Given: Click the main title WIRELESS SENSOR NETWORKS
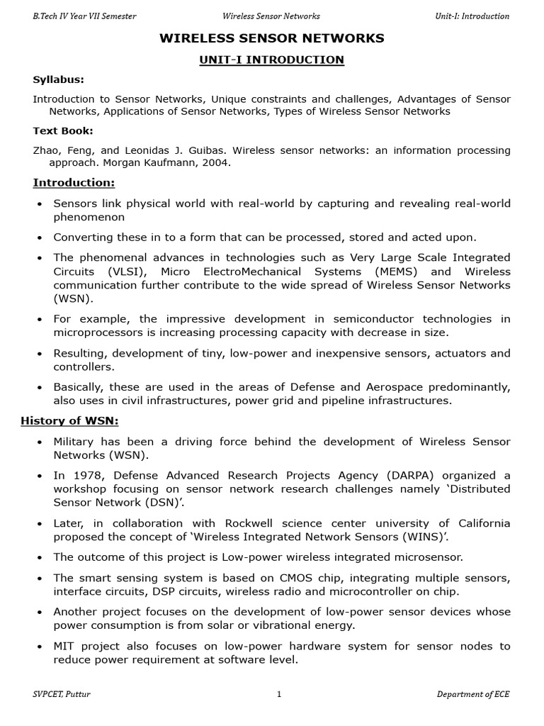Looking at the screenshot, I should point(271,38).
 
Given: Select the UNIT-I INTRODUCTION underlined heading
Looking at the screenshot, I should point(271,60).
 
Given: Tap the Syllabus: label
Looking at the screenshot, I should point(59,80).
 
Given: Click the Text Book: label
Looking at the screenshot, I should point(63,131).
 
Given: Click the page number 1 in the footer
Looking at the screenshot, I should point(279,695).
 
